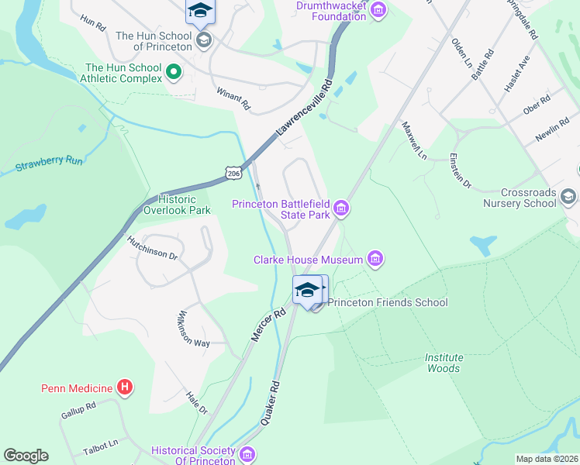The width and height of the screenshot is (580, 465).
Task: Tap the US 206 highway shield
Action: click(234, 173)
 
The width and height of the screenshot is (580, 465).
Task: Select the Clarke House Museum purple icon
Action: click(375, 259)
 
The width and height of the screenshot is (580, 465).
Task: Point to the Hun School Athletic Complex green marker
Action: click(174, 74)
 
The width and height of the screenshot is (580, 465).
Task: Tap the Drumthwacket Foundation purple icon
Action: click(378, 10)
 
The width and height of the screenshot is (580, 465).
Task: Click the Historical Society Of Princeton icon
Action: click(248, 454)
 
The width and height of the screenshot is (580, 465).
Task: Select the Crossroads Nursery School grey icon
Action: click(568, 196)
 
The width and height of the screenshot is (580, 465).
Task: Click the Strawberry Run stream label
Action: click(48, 165)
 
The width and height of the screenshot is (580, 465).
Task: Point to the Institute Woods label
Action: click(444, 363)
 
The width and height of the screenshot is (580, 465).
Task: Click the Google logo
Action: click(26, 456)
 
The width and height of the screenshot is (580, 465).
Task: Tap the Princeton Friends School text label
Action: click(388, 302)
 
